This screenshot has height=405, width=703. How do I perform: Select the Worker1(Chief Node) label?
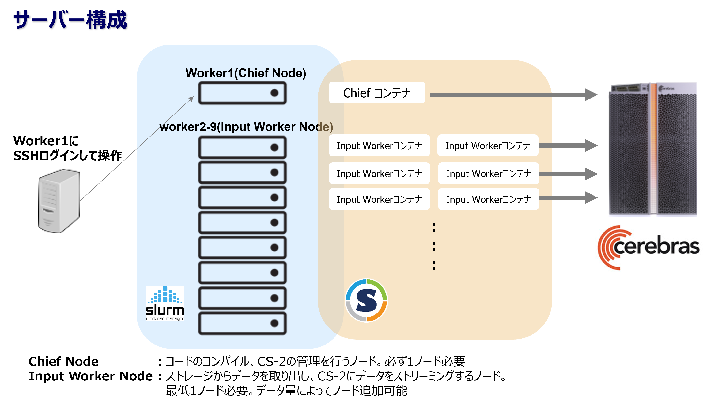point(246,73)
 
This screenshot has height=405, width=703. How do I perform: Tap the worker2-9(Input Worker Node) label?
point(246,127)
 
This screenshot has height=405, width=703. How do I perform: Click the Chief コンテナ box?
point(377,93)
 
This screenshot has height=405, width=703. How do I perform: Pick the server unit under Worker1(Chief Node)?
point(242,93)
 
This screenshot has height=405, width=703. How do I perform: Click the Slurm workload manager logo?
point(165,303)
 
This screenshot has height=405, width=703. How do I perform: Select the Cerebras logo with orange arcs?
point(648,247)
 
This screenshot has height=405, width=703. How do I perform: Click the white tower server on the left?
point(59,201)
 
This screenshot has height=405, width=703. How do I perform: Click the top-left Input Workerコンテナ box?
point(379,146)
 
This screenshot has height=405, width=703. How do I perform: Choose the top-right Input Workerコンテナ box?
point(488,146)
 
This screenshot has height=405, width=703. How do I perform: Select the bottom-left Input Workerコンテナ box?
point(379,199)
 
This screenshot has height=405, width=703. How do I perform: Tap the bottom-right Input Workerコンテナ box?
point(488,199)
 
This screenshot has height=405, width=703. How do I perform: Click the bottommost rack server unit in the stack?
point(242,323)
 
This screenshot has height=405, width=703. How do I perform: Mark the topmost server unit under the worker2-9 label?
point(242,147)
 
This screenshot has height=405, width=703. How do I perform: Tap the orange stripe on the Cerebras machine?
point(653,150)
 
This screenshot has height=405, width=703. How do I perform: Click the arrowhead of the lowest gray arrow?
point(591,198)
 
